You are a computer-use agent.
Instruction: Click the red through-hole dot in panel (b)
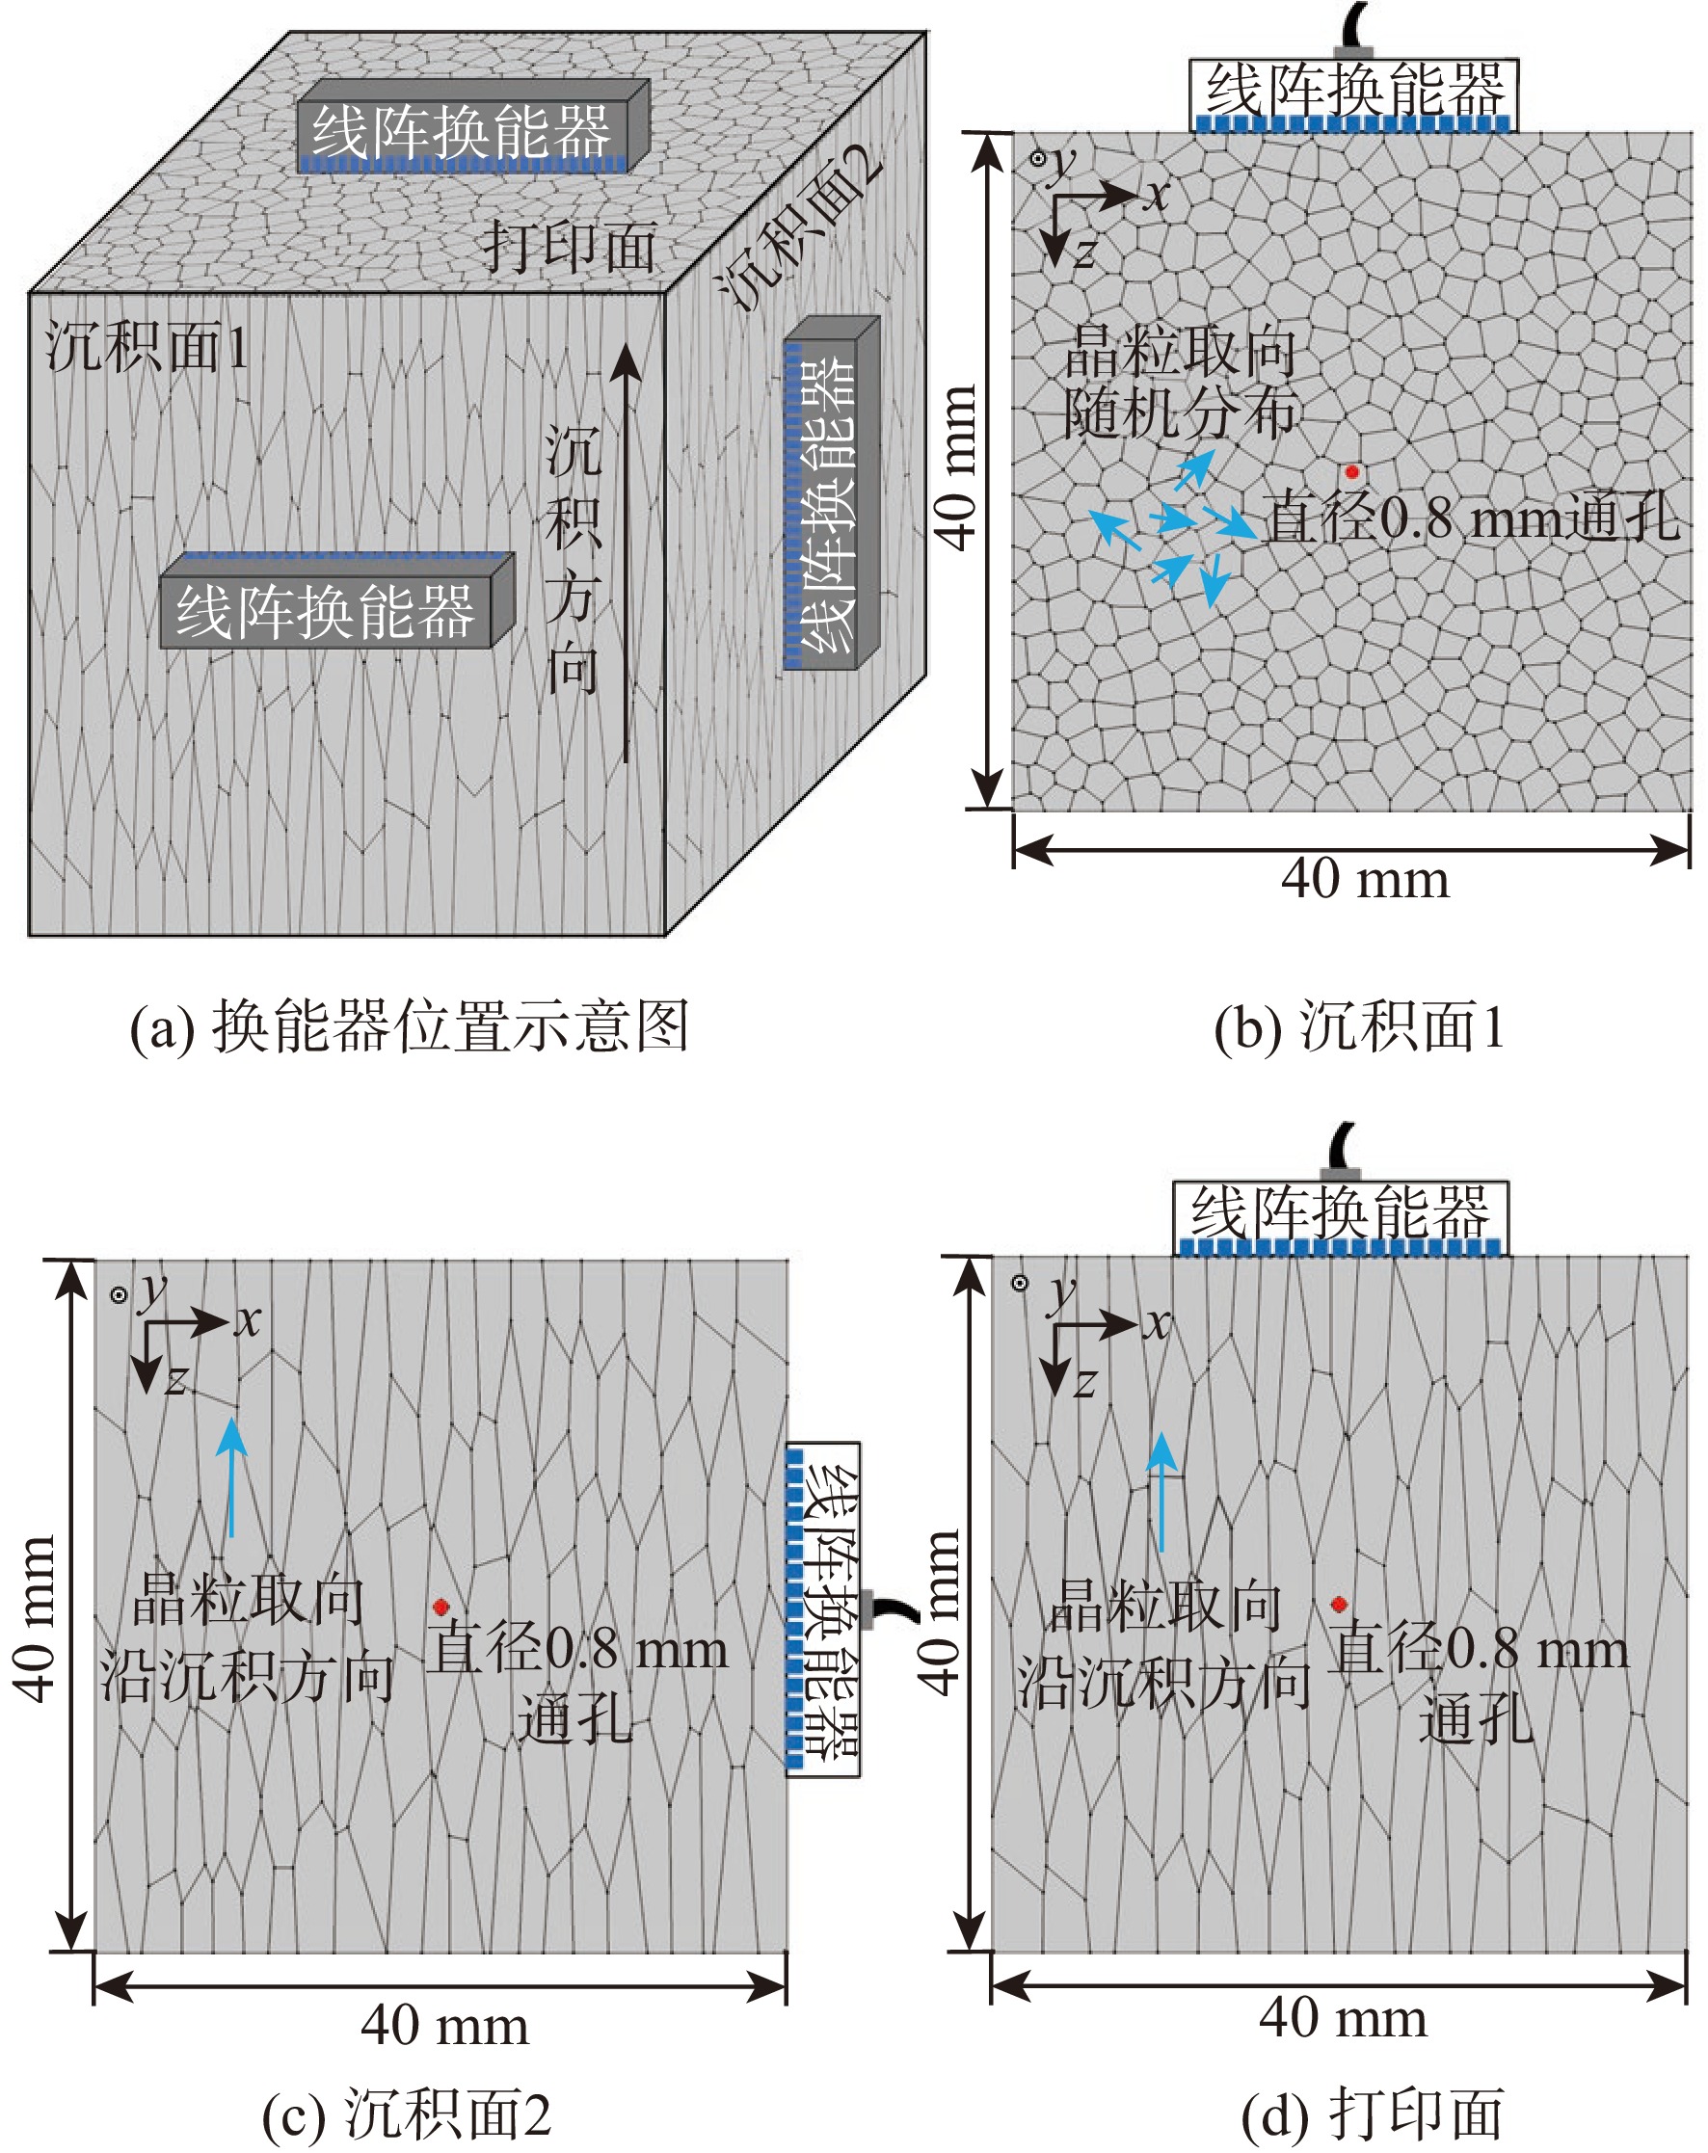click(x=1351, y=471)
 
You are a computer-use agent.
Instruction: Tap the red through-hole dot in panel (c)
click(x=440, y=1607)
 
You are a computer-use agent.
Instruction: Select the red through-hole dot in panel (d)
click(x=1340, y=1604)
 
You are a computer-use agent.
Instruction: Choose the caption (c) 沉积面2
click(x=407, y=2114)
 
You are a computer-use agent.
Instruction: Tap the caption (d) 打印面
click(x=1372, y=2114)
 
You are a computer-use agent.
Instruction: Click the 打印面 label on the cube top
click(x=570, y=247)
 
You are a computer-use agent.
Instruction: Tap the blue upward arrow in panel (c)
click(x=231, y=1478)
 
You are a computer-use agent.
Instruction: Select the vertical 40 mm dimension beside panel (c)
click(x=36, y=1618)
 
